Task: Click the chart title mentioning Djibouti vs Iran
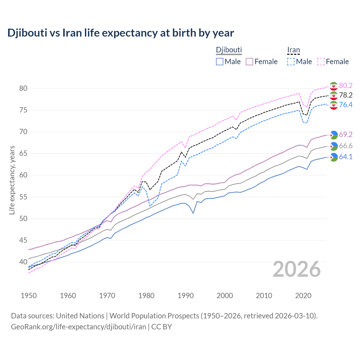pos(121,33)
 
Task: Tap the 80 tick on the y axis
pos(23,88)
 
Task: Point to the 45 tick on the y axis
pos(23,240)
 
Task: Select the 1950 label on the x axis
pos(29,296)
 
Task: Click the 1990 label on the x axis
pos(186,296)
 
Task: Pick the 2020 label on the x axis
pos(303,296)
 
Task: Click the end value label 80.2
pos(346,85)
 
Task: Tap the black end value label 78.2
pos(346,95)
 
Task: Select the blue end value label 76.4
pos(346,105)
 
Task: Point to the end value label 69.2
pos(346,134)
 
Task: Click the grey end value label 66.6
pos(346,146)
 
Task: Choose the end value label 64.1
pos(346,157)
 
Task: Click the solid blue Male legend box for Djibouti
pos(220,62)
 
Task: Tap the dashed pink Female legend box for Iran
pos(321,62)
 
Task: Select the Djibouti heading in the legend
pos(229,50)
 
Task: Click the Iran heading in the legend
pos(293,50)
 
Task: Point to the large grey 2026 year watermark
pos(297,269)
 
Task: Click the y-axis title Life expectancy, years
pos(12,180)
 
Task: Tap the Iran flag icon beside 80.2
pos(334,86)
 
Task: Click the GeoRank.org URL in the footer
pos(78,327)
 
